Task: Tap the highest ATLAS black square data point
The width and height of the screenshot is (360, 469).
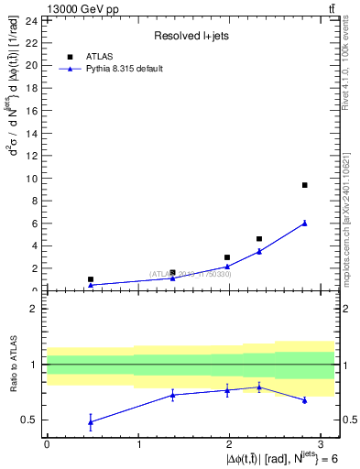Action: click(x=304, y=185)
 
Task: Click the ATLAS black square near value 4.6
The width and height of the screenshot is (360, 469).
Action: click(x=259, y=239)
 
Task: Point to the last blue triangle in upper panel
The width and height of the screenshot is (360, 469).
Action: click(x=304, y=223)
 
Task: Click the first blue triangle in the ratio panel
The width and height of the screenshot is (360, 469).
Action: click(x=90, y=421)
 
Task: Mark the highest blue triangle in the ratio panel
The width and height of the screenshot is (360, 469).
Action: click(x=259, y=387)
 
